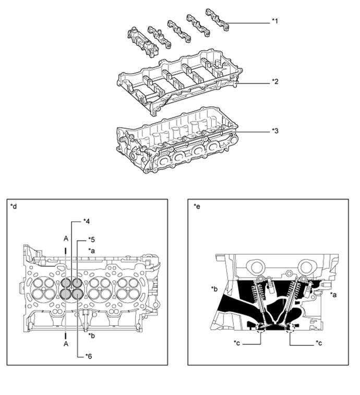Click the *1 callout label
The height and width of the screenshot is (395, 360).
(275, 21)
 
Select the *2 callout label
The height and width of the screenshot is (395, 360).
(275, 81)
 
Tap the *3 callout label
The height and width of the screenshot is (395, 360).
(275, 131)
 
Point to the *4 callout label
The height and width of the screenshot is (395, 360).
(87, 221)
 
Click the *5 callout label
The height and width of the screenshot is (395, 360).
(91, 240)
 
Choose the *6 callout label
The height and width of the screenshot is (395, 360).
(88, 356)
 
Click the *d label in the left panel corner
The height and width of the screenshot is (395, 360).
(14, 206)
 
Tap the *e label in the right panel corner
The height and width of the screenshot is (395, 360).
(197, 206)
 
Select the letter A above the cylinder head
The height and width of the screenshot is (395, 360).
(66, 238)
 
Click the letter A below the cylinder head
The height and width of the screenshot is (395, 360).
(66, 344)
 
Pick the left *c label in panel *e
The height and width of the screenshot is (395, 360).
(236, 343)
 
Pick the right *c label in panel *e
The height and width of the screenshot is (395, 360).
(319, 343)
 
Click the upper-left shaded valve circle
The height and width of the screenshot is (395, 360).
(66, 283)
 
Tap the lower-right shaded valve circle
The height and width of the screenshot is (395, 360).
(77, 294)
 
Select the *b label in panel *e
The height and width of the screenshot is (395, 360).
(214, 289)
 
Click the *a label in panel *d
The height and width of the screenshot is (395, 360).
(91, 250)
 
